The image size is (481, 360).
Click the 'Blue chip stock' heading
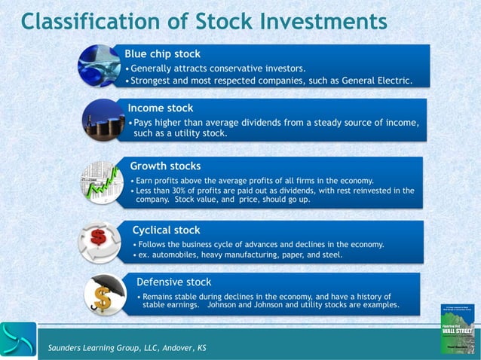tap(162, 54)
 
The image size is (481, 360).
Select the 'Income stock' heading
tap(160, 108)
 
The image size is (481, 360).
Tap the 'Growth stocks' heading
tap(165, 166)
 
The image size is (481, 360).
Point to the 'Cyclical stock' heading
tap(166, 230)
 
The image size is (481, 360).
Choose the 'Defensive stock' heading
tap(173, 282)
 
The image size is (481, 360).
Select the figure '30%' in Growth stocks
tap(187, 191)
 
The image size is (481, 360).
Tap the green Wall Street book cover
tap(457, 328)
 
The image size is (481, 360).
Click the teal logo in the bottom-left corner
tap(18, 339)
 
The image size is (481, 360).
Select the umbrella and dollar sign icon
tap(103, 294)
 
